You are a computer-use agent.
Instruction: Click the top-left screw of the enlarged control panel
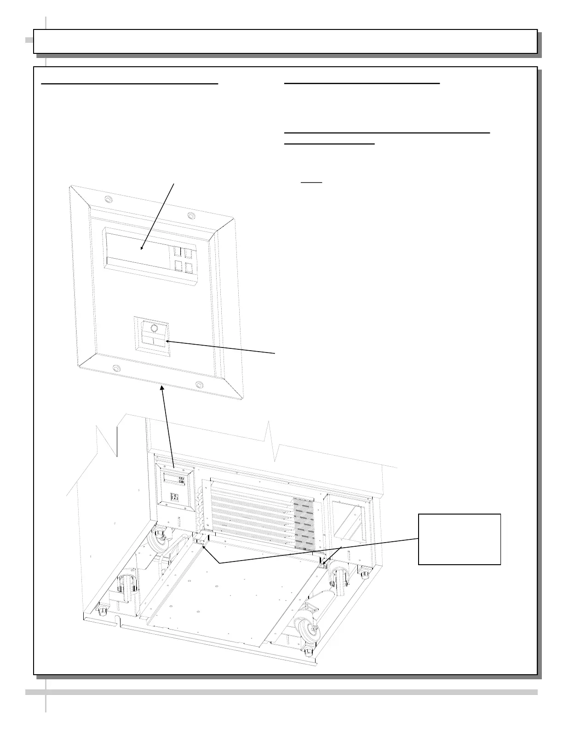click(108, 200)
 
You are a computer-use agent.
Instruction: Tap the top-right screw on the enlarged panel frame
click(190, 215)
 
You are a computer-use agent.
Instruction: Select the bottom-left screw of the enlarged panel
click(116, 369)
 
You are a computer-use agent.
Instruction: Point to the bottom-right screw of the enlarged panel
click(199, 384)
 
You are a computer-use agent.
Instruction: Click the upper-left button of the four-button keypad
click(178, 251)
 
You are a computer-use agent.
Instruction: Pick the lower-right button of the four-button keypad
click(189, 268)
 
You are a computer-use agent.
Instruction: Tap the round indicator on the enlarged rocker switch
click(154, 329)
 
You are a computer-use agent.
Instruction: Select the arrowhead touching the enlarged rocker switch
click(167, 341)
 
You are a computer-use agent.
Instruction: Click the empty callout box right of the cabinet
click(459, 539)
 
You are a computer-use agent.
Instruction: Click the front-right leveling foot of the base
click(307, 652)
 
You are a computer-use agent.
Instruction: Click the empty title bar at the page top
click(285, 41)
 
